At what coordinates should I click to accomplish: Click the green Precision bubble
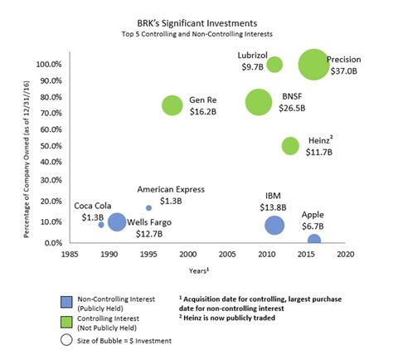(x=313, y=65)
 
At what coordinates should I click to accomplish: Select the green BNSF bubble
(x=259, y=102)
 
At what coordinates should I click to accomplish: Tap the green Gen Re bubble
(x=172, y=105)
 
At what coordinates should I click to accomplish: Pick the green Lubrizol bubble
(x=274, y=65)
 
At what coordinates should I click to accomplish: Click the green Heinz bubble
(x=290, y=146)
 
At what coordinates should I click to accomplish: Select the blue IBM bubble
(x=274, y=225)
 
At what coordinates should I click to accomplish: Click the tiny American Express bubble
(x=148, y=207)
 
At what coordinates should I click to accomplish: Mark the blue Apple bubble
(x=313, y=241)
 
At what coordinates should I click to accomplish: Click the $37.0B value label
(x=342, y=72)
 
